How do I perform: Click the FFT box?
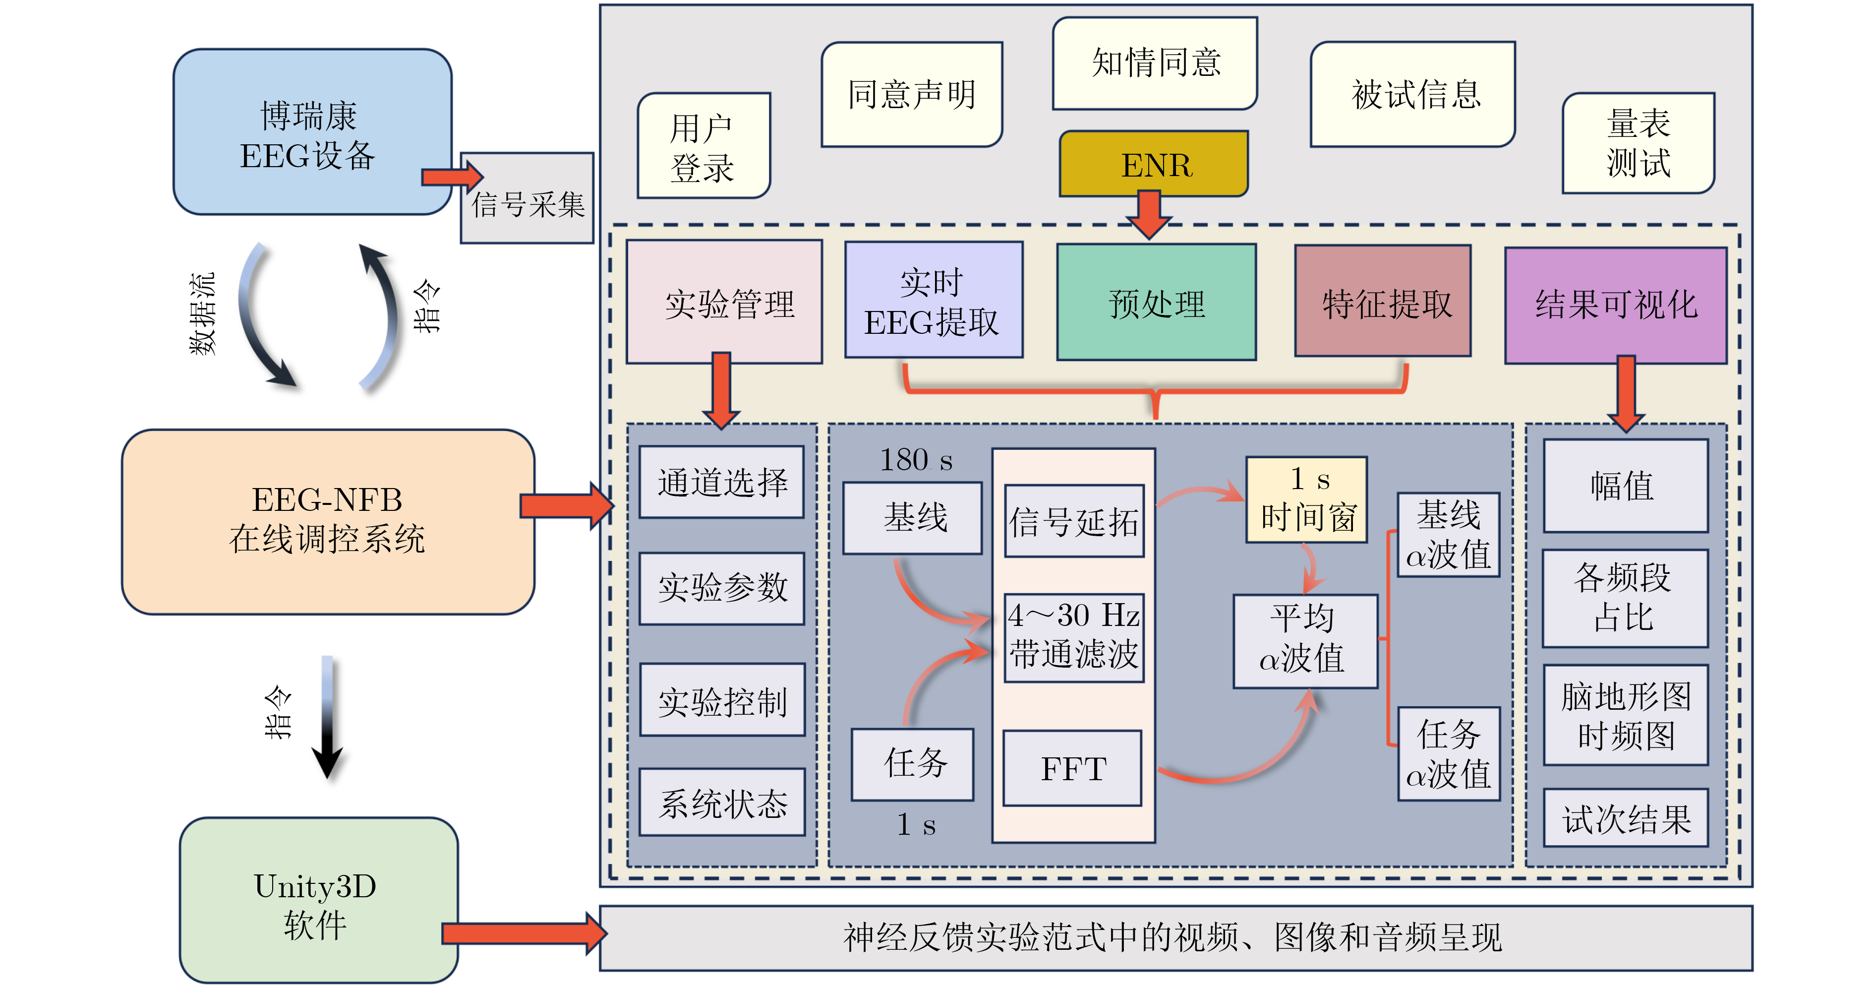tap(1072, 768)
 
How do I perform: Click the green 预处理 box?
tap(1156, 303)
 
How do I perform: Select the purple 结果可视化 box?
tap(1615, 304)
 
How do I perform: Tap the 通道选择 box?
tap(722, 482)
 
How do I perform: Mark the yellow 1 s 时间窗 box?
tap(1307, 500)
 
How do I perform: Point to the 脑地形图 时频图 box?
tap(1625, 715)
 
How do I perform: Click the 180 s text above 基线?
tap(915, 460)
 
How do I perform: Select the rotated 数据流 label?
tap(202, 313)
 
